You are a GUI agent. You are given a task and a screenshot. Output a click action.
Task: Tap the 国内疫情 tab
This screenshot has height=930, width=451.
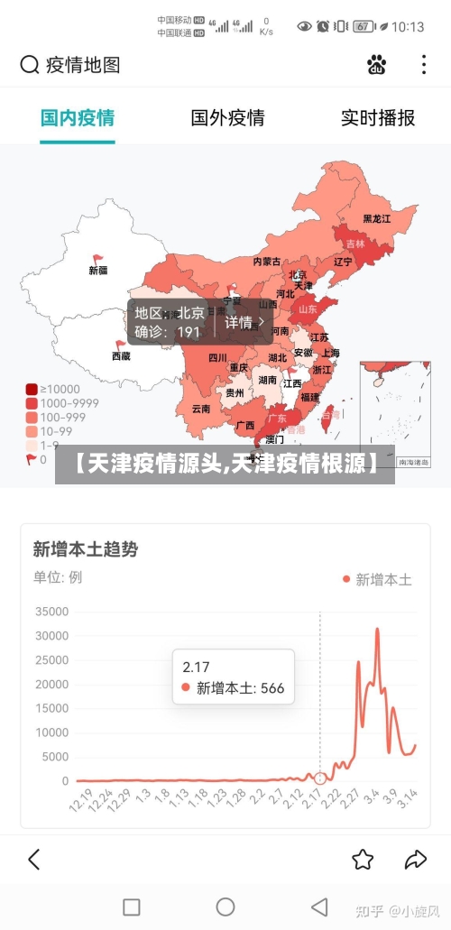[78, 118]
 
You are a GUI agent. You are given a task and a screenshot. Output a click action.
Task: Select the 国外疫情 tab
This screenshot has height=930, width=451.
[227, 118]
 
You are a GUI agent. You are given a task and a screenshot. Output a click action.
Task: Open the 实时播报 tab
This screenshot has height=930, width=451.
[377, 118]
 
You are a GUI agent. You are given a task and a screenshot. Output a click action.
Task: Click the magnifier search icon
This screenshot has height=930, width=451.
[30, 65]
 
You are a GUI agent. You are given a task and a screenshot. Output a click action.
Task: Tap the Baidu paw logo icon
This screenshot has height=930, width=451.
[376, 65]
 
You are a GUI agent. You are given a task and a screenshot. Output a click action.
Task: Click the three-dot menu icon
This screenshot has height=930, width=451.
[424, 65]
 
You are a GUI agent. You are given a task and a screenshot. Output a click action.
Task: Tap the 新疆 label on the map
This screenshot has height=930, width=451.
[98, 270]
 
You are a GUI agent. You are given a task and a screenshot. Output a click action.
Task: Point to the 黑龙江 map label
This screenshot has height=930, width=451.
[377, 219]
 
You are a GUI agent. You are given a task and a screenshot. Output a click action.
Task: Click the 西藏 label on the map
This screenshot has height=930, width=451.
[121, 356]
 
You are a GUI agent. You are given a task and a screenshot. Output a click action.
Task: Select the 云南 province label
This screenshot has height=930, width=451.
[200, 409]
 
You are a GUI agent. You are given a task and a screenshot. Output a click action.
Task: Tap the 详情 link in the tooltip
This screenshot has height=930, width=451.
[244, 322]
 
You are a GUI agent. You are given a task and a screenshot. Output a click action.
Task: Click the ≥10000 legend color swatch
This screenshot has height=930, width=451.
[32, 390]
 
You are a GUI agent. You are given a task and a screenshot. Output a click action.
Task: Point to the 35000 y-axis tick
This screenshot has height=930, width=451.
[51, 612]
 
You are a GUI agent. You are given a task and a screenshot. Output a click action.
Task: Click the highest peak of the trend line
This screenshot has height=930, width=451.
[377, 630]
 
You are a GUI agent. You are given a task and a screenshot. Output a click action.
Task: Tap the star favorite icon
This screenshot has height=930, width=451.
[363, 859]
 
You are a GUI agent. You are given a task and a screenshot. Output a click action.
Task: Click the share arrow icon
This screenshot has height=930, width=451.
[415, 859]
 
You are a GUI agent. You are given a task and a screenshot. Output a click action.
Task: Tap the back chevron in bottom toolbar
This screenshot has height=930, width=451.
[34, 859]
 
